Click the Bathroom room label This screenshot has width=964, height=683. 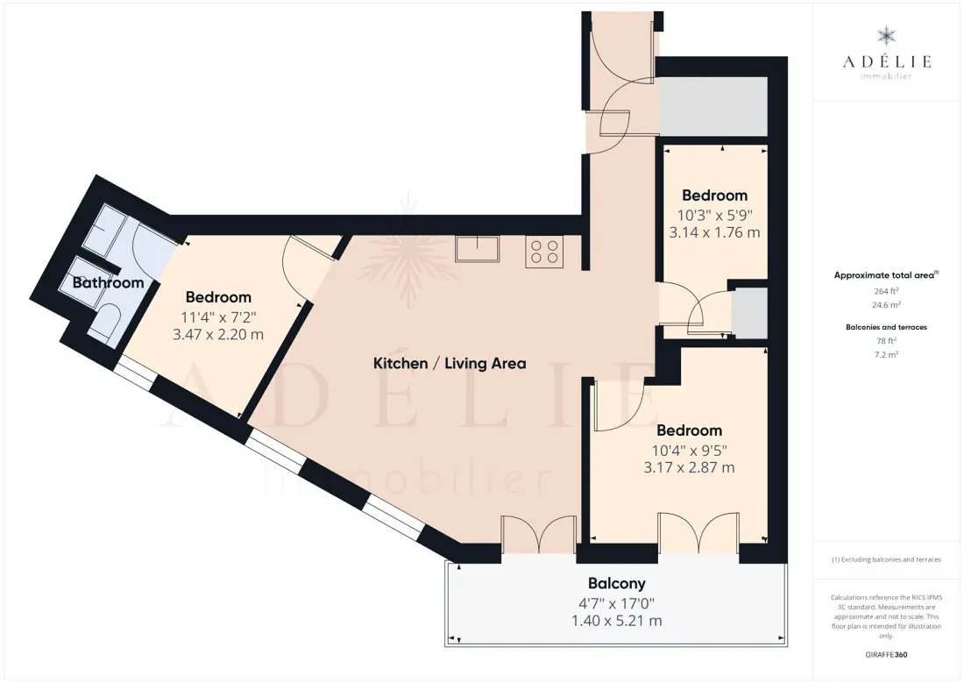(x=108, y=282)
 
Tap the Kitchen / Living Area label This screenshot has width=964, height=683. (x=450, y=363)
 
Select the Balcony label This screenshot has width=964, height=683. (x=617, y=583)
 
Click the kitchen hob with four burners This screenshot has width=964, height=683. (x=544, y=252)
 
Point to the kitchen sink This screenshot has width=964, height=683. (x=477, y=249)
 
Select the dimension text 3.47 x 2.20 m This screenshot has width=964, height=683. (x=218, y=335)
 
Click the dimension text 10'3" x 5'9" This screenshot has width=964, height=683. (x=715, y=216)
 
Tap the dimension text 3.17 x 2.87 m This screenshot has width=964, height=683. (x=689, y=467)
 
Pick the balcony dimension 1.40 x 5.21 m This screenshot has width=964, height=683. (x=617, y=621)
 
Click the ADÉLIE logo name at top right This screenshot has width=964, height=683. (x=887, y=60)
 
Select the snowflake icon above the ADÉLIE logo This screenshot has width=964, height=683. (x=887, y=35)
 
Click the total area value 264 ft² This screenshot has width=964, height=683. (x=887, y=291)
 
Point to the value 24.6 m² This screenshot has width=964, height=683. (x=887, y=304)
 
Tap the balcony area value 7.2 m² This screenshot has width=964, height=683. (x=887, y=354)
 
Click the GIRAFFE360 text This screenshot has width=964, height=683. (x=886, y=655)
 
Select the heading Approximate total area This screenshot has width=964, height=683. (x=885, y=275)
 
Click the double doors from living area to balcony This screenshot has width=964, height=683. (x=539, y=534)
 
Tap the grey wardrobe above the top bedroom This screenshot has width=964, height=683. (x=713, y=106)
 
